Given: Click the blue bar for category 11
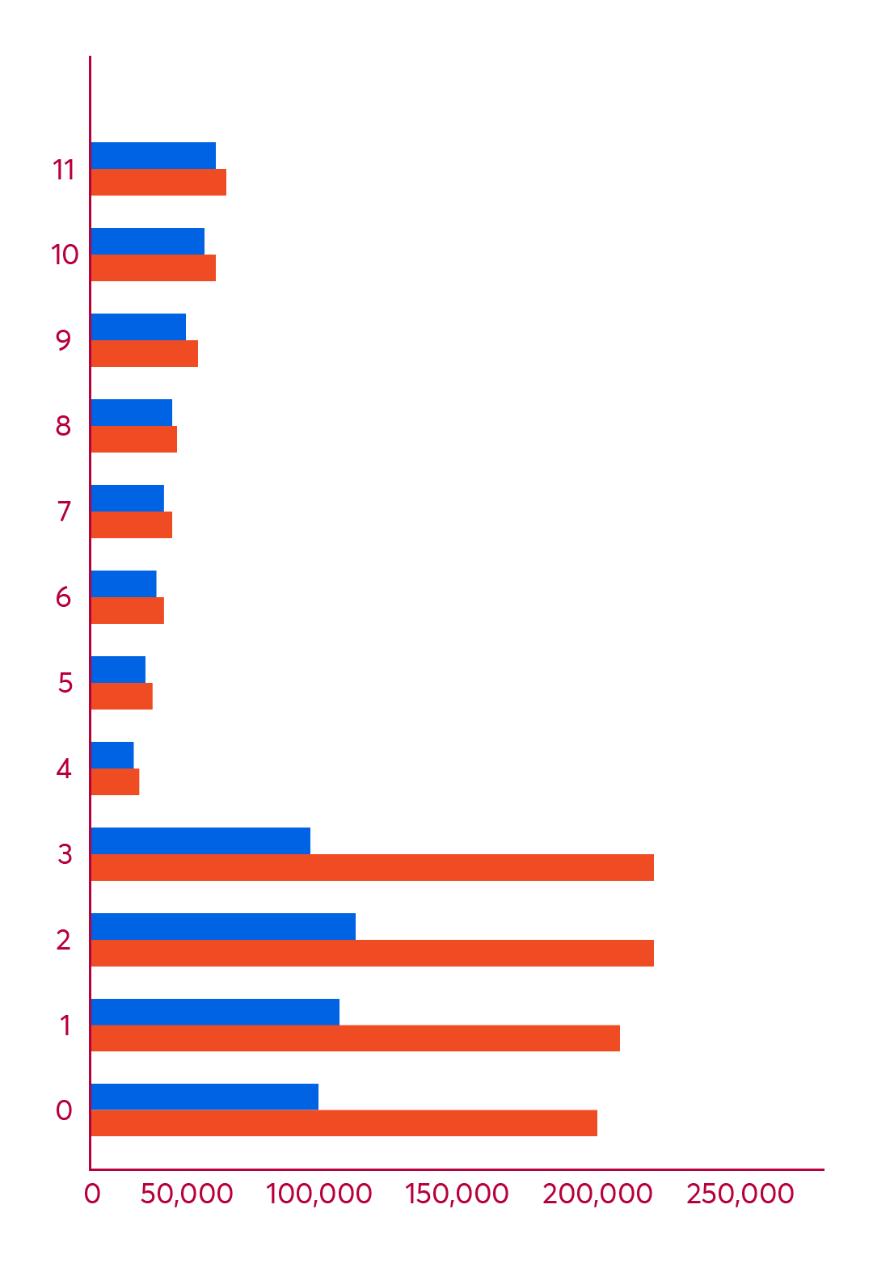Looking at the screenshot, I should tap(154, 155).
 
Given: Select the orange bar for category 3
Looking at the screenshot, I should tap(373, 867).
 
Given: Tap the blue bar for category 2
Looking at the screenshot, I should tap(224, 926).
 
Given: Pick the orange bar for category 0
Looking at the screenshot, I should tap(344, 1123).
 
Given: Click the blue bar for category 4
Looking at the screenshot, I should tap(113, 755).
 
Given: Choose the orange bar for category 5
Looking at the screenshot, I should tap(122, 697).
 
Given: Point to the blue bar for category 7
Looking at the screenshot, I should tap(128, 498).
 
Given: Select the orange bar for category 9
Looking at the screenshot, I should tap(145, 354).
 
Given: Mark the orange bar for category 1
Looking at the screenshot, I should tap(356, 1038).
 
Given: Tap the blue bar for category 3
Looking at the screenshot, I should tap(201, 840).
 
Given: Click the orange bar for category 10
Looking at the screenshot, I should tap(154, 268).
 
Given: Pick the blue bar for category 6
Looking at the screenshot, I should tap(124, 583).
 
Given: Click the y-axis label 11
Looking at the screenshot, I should tap(64, 170).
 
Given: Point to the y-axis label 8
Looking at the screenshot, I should tap(63, 426).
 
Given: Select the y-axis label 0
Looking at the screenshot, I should tap(64, 1110).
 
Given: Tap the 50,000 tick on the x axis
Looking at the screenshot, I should tap(187, 1194).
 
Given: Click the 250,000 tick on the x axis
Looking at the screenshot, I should tap(740, 1194).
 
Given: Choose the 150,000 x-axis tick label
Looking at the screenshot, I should tap(457, 1194).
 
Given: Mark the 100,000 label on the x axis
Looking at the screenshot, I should tap(319, 1194).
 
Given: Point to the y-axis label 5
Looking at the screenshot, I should tap(65, 683).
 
